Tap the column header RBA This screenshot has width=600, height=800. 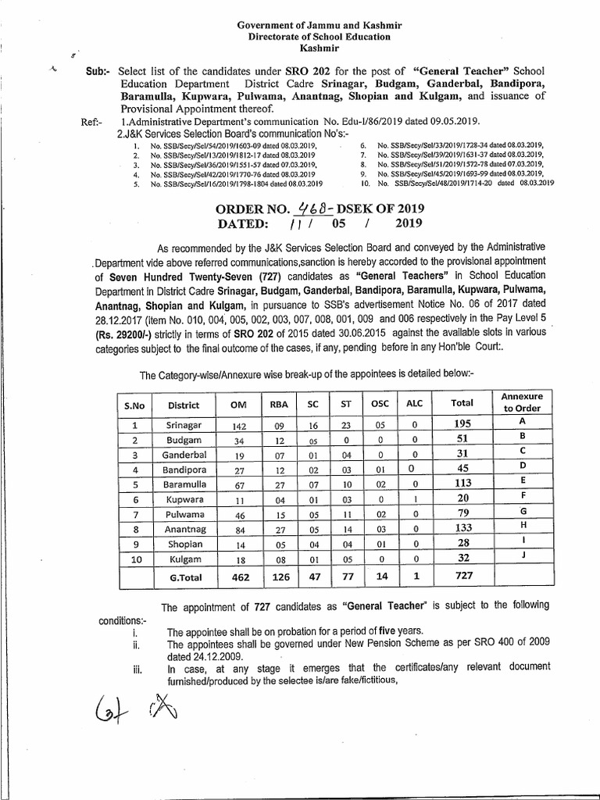278,405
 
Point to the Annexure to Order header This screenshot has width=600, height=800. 523,402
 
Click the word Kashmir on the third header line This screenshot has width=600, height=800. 318,48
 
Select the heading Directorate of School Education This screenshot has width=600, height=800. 318,37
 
